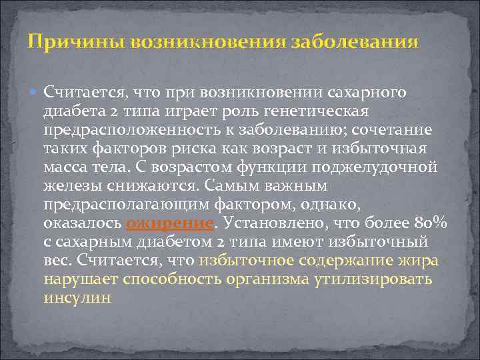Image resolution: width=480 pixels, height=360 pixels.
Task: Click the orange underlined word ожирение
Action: pos(172,223)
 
